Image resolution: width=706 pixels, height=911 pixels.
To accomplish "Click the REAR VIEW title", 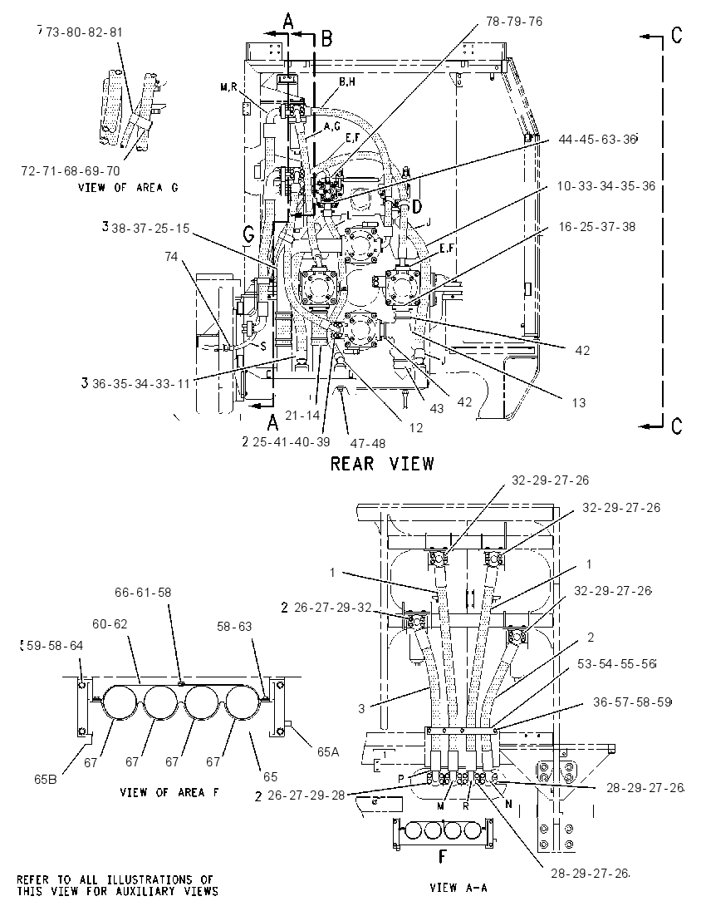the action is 382,464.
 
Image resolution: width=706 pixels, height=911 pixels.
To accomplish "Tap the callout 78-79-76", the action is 514,22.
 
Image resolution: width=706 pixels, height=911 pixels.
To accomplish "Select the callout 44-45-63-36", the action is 597,140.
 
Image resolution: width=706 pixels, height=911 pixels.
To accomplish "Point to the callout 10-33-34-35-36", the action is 606,186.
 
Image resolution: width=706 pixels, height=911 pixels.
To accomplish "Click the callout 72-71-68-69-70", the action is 71,171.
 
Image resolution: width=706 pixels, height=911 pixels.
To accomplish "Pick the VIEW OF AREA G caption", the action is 128,188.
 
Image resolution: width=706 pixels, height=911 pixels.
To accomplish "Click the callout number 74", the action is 171,256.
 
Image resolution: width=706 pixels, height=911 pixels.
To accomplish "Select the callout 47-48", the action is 367,443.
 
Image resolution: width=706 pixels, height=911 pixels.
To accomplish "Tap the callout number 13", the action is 578,402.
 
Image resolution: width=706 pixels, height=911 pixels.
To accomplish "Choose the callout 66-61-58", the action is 143,593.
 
